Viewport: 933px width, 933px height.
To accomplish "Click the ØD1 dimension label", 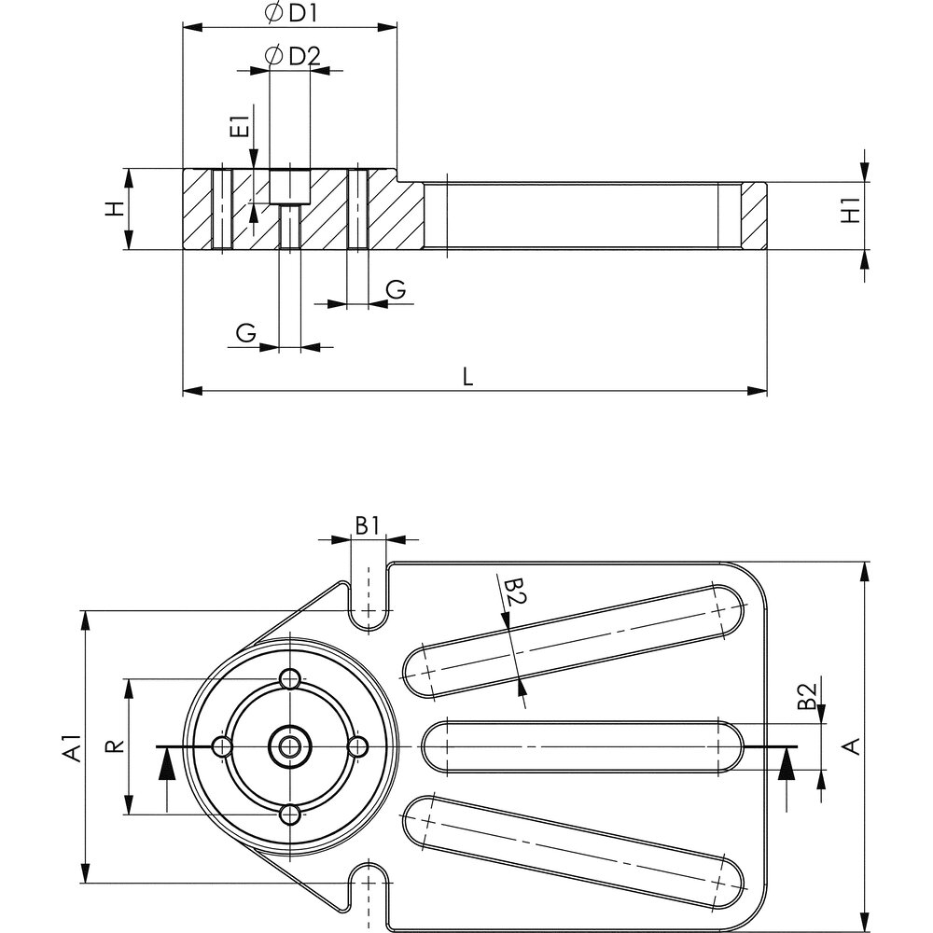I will [289, 14].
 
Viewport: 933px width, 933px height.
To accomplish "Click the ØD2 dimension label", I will [293, 56].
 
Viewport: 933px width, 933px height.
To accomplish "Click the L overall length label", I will [468, 376].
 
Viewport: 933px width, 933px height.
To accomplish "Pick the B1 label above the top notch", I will [368, 524].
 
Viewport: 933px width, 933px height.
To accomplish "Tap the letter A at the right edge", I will [850, 745].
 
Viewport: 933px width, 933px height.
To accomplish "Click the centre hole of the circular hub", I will [290, 745].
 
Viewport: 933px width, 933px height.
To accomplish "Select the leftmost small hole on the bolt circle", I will [222, 746].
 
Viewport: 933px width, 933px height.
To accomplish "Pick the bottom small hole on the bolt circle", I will [290, 815].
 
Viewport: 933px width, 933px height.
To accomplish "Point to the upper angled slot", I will [573, 639].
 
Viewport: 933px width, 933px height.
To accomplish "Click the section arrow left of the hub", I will [166, 768].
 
